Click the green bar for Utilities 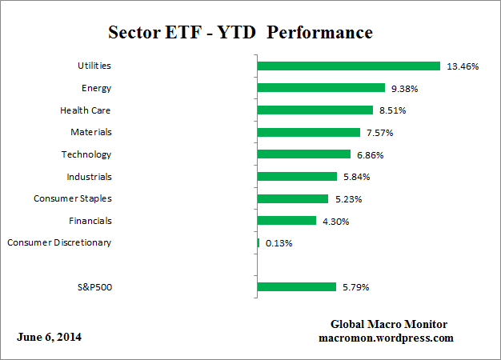348,66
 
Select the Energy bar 320,88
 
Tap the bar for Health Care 315,110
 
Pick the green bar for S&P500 296,286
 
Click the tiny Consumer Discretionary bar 258,242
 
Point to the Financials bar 287,220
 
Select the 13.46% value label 463,66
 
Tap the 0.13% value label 279,242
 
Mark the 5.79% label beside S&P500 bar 356,286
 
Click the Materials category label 90,132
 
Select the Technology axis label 86,154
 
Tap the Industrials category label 89,176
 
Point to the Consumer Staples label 73,198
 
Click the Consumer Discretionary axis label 59,242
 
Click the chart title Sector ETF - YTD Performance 240,33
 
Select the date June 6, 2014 49,337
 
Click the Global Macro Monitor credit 389,324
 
